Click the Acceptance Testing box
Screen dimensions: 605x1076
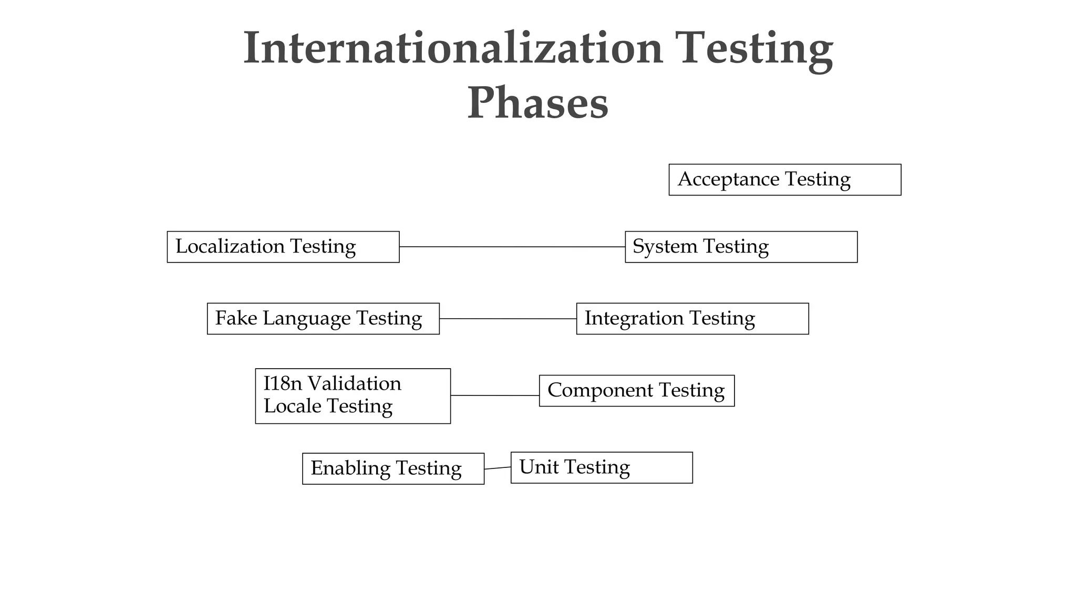[x=784, y=180]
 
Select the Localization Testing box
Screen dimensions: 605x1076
[x=283, y=247]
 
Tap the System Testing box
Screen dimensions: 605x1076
[x=741, y=247]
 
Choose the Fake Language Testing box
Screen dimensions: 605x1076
[x=323, y=319]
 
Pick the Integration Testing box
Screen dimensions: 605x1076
[x=692, y=319]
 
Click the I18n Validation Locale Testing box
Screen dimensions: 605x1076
[x=353, y=396]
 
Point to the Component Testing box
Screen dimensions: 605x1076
[x=637, y=391]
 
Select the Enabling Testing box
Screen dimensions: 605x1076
[x=393, y=468]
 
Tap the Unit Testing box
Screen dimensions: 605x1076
[x=602, y=467]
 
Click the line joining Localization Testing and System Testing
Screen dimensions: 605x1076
[x=512, y=247]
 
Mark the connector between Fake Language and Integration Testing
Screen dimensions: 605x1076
[x=508, y=319]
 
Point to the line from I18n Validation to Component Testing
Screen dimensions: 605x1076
[x=495, y=395]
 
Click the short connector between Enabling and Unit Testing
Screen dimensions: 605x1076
[x=498, y=468]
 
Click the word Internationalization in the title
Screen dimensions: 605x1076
[x=453, y=48]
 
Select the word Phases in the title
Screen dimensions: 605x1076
[x=537, y=103]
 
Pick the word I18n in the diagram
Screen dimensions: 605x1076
[x=283, y=384]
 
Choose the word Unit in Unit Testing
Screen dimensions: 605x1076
[x=539, y=467]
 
